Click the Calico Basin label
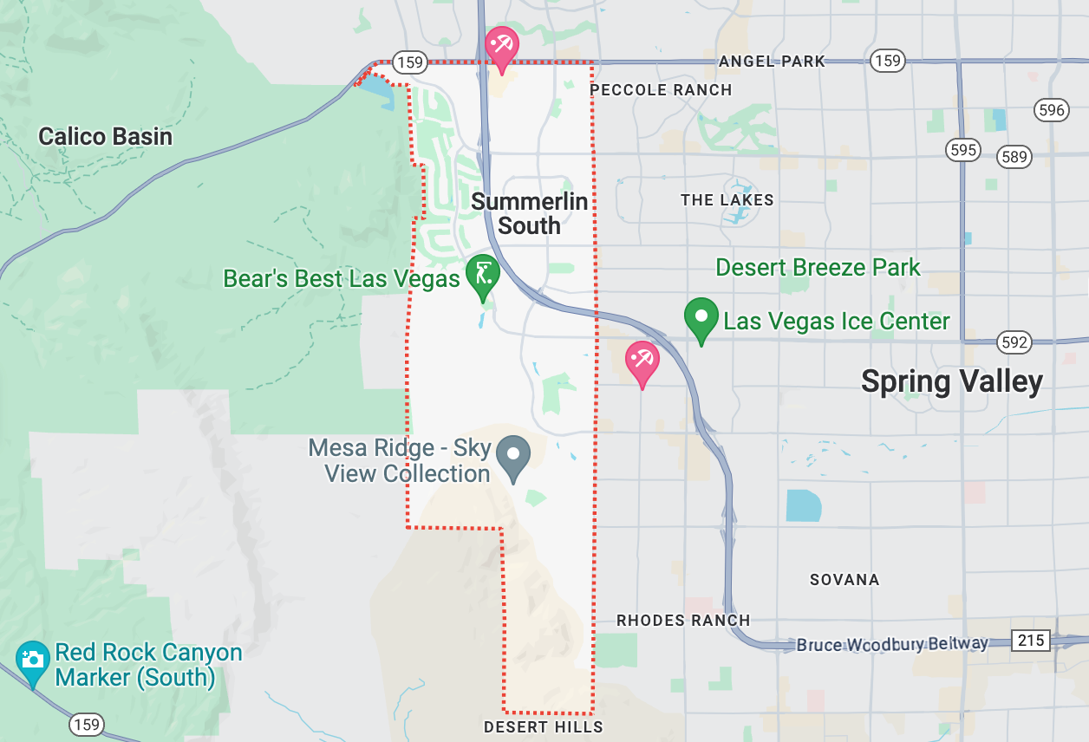pos(105,136)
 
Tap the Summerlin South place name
pos(529,213)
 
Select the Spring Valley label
pos(951,381)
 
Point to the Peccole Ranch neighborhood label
pos(661,90)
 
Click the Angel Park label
pos(772,62)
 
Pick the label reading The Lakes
pos(727,200)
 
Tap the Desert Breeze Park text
pos(818,267)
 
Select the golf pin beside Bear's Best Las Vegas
pos(483,275)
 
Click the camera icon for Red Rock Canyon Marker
pos(33,661)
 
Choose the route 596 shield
pos(1050,110)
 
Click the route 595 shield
pos(962,150)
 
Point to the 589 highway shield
pos(1014,157)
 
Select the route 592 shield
pos(1014,342)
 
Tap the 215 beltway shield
pos(1031,641)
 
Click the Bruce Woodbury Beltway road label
pos(892,644)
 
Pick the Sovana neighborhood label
pos(844,580)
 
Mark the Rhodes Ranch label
pos(683,621)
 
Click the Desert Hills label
pos(543,726)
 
